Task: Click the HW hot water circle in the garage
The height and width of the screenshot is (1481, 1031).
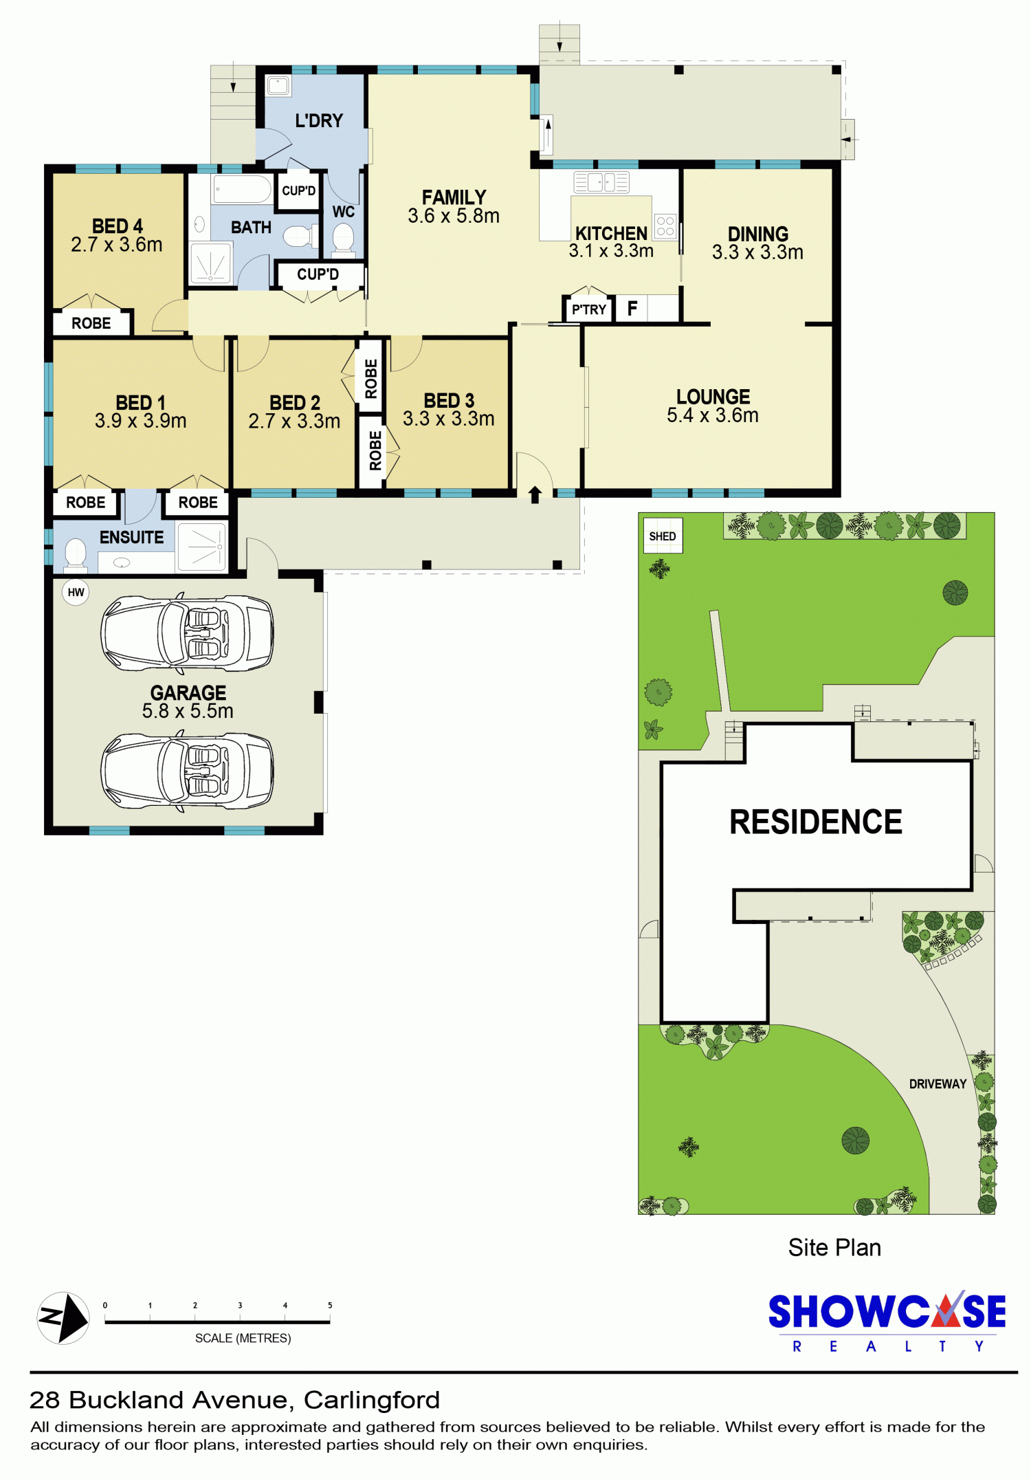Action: (x=76, y=592)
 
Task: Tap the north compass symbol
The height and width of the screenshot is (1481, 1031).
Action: (x=63, y=1318)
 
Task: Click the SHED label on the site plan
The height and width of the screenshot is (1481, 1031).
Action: (x=663, y=536)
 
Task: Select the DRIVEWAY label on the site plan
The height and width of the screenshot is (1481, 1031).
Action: (x=938, y=1084)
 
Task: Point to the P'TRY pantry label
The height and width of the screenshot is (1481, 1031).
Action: (x=589, y=310)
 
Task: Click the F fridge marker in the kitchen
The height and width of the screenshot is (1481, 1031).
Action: (x=632, y=309)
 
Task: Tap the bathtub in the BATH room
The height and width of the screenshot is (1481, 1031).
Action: (x=242, y=189)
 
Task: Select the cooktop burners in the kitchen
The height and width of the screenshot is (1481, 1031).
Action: (x=665, y=226)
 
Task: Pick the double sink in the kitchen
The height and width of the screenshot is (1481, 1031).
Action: (x=601, y=182)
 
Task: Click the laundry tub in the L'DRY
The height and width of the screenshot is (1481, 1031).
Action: (x=278, y=86)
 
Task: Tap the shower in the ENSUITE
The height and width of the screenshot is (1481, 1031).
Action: (x=201, y=547)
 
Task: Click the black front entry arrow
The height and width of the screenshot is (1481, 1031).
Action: (x=535, y=494)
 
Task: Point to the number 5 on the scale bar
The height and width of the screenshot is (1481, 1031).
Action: (x=330, y=1305)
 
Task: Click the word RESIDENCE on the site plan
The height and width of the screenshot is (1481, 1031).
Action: (x=815, y=822)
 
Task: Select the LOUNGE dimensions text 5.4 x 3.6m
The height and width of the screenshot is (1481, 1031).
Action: (x=713, y=415)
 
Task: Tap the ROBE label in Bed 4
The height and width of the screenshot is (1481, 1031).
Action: (x=91, y=323)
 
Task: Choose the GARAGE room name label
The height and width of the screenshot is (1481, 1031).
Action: (x=188, y=692)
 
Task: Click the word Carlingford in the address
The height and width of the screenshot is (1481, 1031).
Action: (x=372, y=1400)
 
